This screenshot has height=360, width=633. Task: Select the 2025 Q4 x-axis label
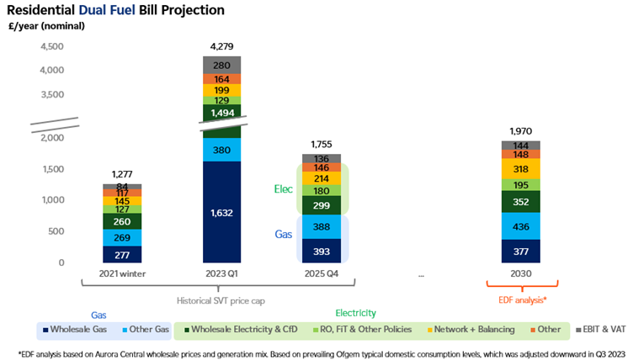[x=322, y=275]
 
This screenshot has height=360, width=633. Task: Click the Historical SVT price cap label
[x=224, y=298]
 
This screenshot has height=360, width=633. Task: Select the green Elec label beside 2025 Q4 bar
[x=283, y=189]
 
